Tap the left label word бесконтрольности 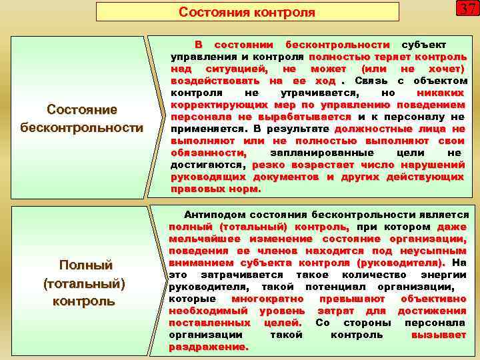point(82,127)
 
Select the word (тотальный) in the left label point(83,283)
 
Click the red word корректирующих point(215,105)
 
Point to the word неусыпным point(433,251)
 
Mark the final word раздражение point(207,347)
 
